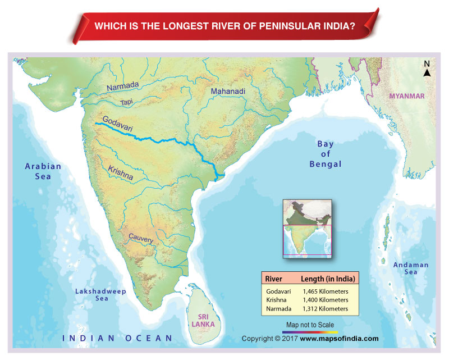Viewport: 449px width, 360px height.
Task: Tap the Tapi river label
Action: click(x=126, y=102)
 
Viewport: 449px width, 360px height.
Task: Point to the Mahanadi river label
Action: click(x=228, y=91)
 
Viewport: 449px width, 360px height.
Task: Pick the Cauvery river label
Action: click(x=141, y=239)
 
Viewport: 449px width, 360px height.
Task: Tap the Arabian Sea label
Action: click(x=43, y=171)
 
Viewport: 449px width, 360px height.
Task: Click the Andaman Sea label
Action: click(x=410, y=268)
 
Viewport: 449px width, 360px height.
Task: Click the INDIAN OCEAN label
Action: click(x=118, y=338)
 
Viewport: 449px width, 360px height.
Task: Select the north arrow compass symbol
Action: click(x=427, y=70)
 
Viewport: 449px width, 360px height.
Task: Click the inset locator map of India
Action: click(x=307, y=227)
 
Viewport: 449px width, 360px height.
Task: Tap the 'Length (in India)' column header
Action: click(x=328, y=279)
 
